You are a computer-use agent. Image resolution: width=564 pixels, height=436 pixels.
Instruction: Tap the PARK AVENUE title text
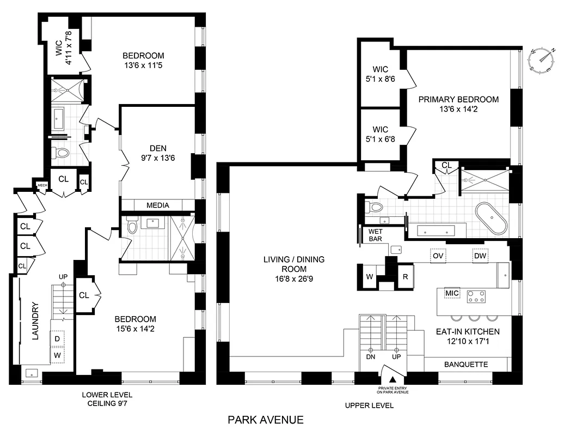[265, 420]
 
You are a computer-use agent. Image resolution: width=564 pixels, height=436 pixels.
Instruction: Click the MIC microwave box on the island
[452, 294]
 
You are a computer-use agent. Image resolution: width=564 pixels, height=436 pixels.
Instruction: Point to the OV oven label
[437, 255]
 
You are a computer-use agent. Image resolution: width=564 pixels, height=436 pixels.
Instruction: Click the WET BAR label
[376, 235]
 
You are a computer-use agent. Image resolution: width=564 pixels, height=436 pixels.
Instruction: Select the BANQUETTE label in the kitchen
[466, 364]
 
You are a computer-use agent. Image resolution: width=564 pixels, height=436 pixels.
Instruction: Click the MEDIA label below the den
[158, 205]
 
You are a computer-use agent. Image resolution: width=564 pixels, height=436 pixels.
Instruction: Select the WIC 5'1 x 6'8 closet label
[381, 134]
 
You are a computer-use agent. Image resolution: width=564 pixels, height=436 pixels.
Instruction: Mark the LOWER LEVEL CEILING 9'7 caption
[107, 399]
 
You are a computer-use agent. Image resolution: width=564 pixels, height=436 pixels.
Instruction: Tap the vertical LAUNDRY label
[35, 321]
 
